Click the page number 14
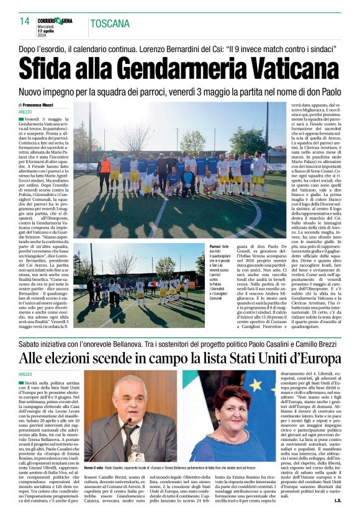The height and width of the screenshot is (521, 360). pyautogui.click(x=24, y=21)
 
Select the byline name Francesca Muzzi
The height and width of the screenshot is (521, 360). pyautogui.click(x=41, y=106)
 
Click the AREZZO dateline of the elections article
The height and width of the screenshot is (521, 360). pyautogui.click(x=27, y=375)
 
